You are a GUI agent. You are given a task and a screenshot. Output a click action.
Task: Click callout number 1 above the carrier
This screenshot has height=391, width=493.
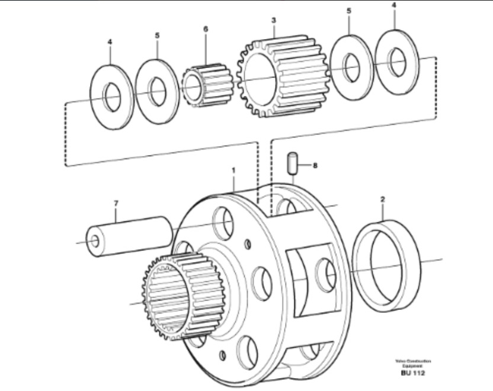pyautogui.click(x=233, y=170)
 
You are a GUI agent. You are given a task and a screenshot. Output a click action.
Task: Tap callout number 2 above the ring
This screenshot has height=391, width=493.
pyautogui.click(x=383, y=200)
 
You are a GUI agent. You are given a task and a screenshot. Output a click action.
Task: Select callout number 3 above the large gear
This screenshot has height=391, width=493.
pyautogui.click(x=273, y=20)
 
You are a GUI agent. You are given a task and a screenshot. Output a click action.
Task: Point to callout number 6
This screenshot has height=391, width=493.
pyautogui.click(x=206, y=28)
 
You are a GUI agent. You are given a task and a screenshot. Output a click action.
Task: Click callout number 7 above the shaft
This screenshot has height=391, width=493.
pyautogui.click(x=116, y=203)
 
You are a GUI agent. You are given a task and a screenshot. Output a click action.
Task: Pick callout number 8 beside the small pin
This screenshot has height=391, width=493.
pyautogui.click(x=315, y=166)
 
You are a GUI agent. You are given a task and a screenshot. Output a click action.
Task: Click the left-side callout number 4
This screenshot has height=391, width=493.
pyautogui.click(x=110, y=42)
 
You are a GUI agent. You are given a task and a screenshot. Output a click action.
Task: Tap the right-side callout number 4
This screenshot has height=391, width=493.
pyautogui.click(x=394, y=5)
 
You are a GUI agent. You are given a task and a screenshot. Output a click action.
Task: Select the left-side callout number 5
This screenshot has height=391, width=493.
pyautogui.click(x=157, y=35)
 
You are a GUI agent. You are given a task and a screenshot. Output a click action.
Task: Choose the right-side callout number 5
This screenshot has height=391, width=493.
pyautogui.click(x=349, y=11)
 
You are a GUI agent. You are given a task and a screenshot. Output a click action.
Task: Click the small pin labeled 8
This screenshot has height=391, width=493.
pyautogui.click(x=292, y=163)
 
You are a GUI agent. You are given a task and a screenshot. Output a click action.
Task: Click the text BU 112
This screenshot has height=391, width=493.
pyautogui.click(x=413, y=373)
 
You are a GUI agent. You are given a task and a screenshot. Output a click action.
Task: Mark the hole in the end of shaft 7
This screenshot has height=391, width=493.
pyautogui.click(x=95, y=242)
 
